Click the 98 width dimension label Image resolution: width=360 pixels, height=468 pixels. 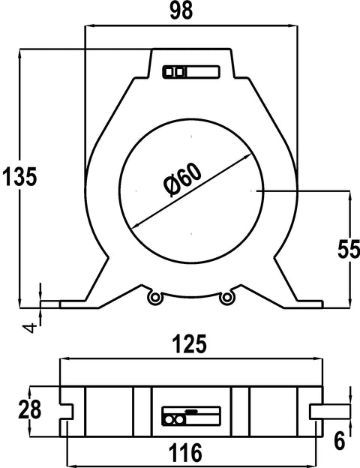[x=181, y=11]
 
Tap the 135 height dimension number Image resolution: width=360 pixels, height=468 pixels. [x=19, y=177]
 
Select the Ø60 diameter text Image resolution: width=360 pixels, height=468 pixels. [x=183, y=180]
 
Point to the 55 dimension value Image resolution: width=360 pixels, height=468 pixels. [x=348, y=249]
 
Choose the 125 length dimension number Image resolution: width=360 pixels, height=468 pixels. [x=190, y=344]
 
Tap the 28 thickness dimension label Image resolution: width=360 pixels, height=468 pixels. [x=29, y=410]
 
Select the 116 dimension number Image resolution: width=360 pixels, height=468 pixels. [x=185, y=452]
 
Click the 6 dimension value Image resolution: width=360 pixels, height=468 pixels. [x=340, y=440]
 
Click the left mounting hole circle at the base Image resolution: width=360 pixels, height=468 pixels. [x=155, y=297]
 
